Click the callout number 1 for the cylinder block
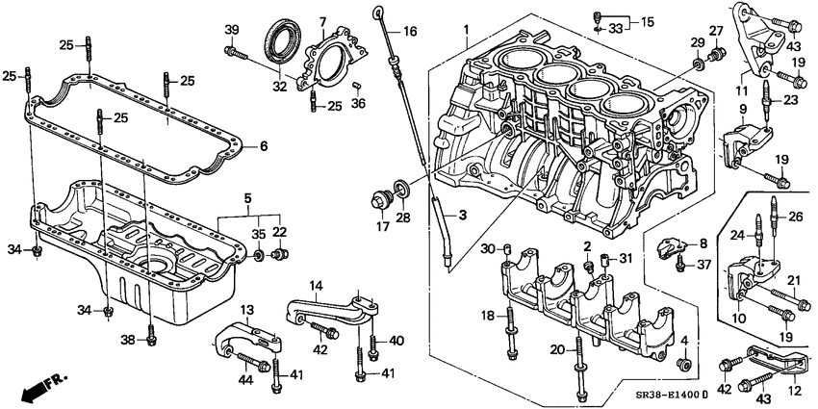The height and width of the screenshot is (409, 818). click(466, 30)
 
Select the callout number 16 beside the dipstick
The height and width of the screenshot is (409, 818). click(410, 32)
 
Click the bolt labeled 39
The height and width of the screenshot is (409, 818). click(234, 51)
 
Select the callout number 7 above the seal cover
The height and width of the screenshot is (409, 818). click(322, 22)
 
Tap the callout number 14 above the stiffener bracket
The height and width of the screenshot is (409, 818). click(316, 286)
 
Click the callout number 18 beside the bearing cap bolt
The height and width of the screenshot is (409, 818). click(489, 316)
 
